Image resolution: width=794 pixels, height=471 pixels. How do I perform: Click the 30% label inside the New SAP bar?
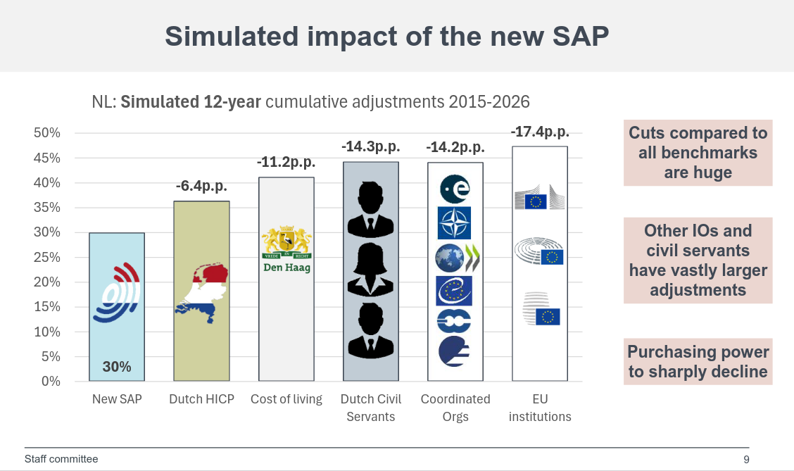tap(117, 367)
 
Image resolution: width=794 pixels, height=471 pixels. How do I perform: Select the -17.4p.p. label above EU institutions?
tap(540, 132)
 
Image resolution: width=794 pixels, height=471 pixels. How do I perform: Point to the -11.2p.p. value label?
tap(286, 163)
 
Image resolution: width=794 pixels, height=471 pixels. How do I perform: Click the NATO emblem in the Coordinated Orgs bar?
tap(455, 223)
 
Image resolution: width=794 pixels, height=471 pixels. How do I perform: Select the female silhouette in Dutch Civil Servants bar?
tap(370, 270)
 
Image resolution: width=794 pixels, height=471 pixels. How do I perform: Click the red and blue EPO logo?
tap(118, 293)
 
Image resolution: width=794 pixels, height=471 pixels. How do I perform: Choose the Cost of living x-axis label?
tap(286, 399)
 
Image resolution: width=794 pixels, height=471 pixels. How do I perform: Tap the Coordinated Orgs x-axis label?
tap(455, 408)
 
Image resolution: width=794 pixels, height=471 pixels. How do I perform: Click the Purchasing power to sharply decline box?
tap(698, 362)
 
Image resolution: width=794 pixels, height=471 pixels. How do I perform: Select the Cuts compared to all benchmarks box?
tap(698, 153)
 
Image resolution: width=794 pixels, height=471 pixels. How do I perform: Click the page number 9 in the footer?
tap(746, 460)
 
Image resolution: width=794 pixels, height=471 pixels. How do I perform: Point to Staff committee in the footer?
tap(61, 459)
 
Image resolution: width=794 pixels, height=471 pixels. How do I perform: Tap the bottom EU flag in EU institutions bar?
tap(548, 317)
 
